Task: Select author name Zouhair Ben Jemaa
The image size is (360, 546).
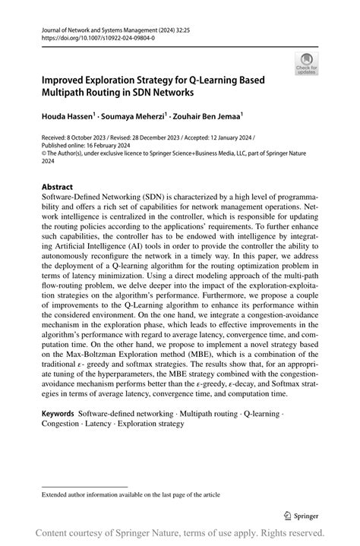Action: pos(205,117)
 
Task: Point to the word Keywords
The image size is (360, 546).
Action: pos(58,414)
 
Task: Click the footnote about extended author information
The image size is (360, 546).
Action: pos(131,494)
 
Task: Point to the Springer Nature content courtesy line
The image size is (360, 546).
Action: pos(179,532)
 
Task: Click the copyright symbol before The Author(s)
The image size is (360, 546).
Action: pos(43,160)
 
